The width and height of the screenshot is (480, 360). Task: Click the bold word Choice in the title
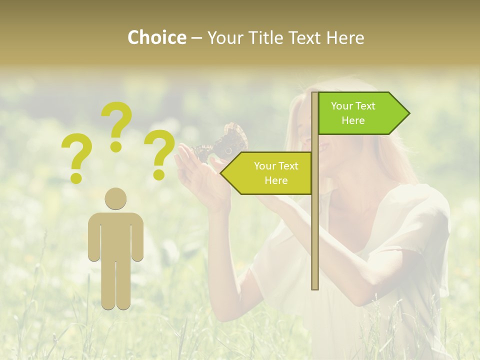[156, 37]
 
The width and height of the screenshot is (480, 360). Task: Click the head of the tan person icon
[116, 199]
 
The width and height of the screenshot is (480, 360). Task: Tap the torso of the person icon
[116, 235]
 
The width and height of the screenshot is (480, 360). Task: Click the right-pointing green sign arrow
[360, 113]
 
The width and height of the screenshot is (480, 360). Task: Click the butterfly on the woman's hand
[220, 145]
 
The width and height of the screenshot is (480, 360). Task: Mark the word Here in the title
[345, 37]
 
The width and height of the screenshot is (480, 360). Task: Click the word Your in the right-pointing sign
[341, 106]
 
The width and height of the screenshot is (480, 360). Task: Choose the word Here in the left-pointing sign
[276, 180]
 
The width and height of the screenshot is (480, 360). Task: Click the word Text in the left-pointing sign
[287, 166]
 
